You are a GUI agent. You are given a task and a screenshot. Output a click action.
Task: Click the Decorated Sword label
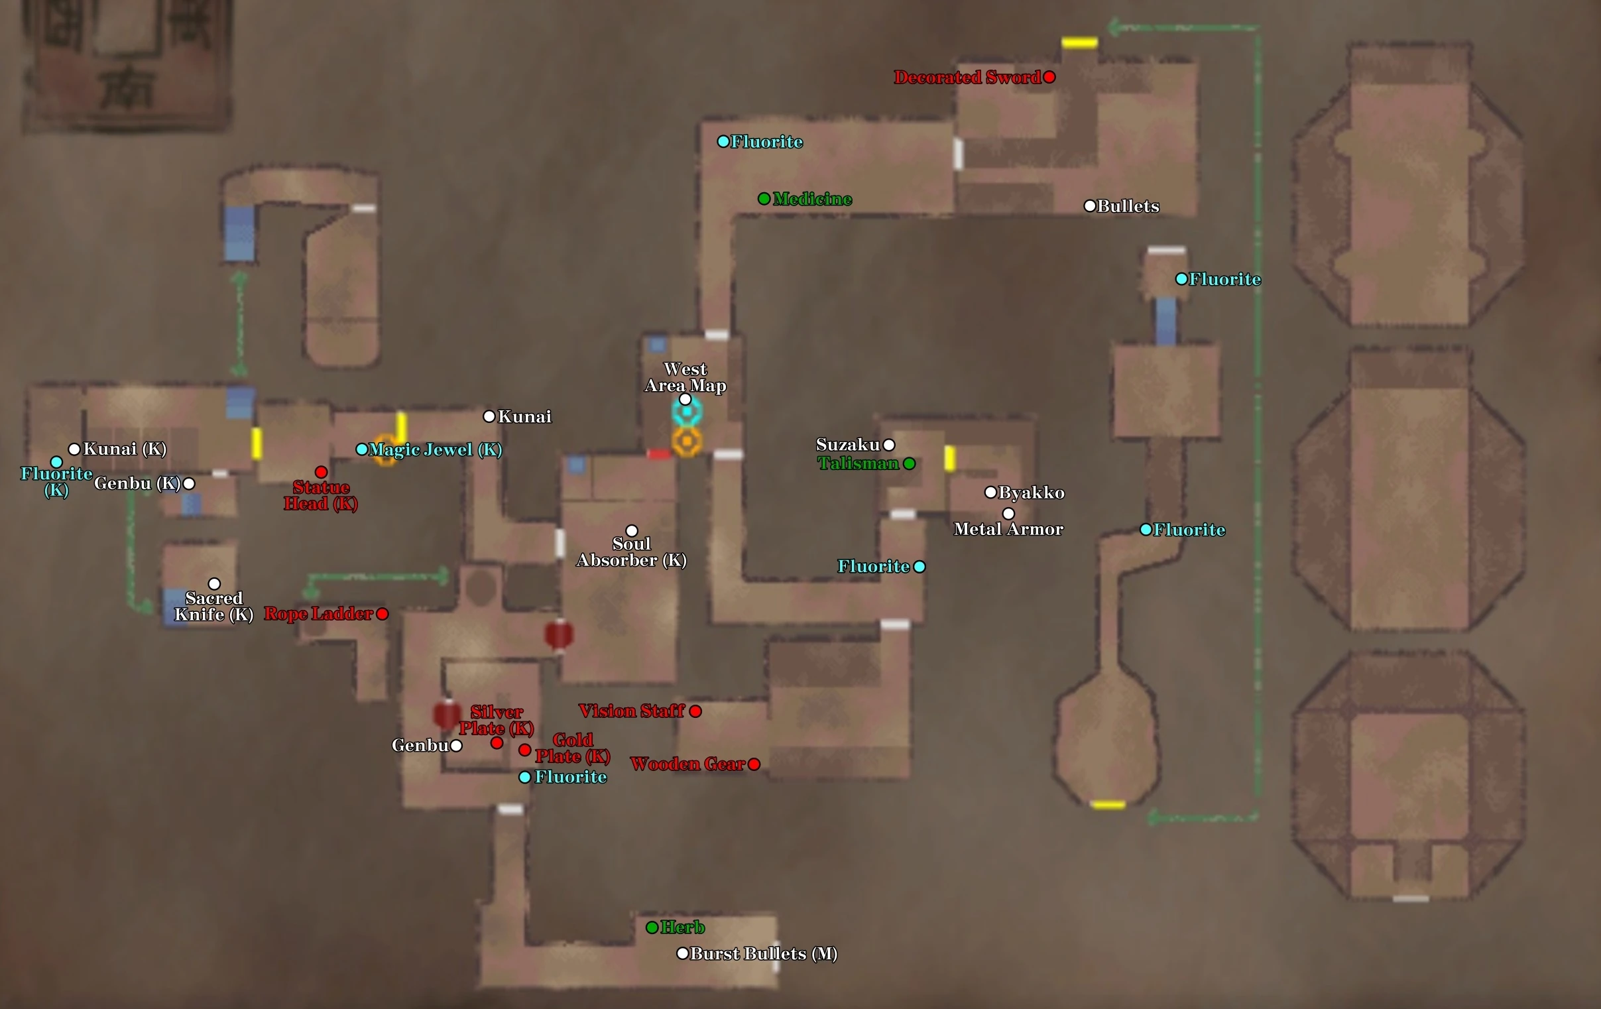967,77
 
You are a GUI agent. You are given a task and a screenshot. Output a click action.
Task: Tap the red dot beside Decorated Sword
1049,77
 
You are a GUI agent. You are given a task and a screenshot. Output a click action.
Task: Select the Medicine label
812,199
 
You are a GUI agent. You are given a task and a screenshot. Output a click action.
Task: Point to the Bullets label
1128,206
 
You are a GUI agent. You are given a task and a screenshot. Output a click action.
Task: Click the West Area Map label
685,377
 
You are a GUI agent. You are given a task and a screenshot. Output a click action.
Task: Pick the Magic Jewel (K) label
436,449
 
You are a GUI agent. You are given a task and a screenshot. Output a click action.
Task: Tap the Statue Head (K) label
321,496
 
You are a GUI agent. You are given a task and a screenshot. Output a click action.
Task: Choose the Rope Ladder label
318,613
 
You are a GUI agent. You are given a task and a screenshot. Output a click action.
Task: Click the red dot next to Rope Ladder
383,613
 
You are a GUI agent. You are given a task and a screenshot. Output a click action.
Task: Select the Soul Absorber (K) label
632,552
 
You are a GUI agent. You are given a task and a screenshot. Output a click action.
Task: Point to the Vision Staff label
632,711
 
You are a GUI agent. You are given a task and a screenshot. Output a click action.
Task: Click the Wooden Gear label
687,764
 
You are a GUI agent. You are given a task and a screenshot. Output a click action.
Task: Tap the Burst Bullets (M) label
764,954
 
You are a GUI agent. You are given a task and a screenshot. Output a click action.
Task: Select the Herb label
683,927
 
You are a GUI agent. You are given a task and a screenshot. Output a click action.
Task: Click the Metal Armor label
1008,529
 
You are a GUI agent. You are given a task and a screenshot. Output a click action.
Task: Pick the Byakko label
1032,493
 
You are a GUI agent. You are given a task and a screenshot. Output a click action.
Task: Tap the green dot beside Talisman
910,463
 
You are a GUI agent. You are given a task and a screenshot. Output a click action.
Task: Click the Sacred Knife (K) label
214,606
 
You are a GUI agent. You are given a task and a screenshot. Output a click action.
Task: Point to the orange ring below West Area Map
687,442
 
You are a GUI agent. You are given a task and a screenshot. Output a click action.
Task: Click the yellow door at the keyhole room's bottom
1108,805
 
